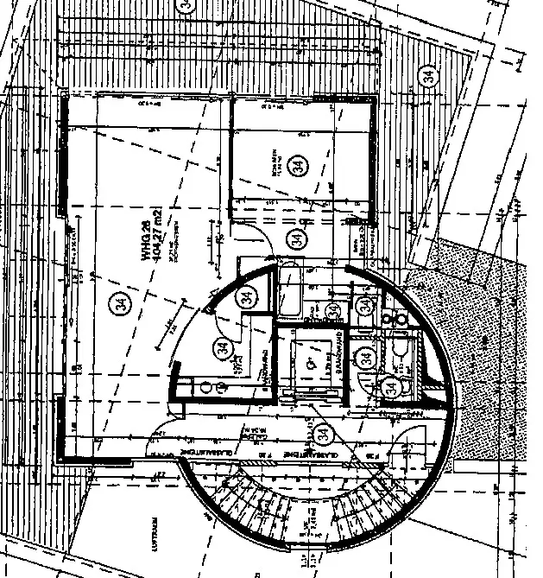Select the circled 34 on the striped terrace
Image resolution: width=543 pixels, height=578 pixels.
pos(429,76)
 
